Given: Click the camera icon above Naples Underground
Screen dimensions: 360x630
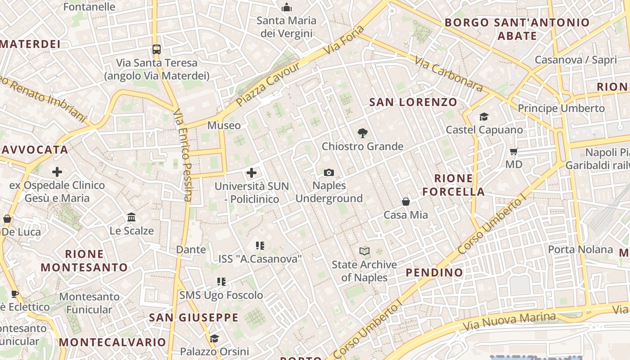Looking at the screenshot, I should pos(329,173).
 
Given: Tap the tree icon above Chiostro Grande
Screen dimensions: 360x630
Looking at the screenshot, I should pos(362,133).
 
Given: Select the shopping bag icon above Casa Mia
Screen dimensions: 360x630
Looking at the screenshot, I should pos(406,202).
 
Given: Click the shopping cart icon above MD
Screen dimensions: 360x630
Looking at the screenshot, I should pos(514,152).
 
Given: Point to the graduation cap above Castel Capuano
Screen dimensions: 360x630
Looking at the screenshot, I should pos(484,117).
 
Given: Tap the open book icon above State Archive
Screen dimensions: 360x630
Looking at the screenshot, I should pos(364,251).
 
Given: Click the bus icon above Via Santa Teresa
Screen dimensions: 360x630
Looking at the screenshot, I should pos(157,49).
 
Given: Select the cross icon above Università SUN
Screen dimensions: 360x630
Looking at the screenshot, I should pos(252,173).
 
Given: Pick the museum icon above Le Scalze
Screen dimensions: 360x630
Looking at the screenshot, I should pos(131,217).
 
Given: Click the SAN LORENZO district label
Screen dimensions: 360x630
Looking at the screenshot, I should pos(413,102).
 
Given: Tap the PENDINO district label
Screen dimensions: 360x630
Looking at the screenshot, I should pos(434,272).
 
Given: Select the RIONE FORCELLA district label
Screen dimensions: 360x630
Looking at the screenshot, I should pos(454,185).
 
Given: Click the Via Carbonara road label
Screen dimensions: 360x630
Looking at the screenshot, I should pos(449,74).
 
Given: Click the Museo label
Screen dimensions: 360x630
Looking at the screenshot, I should pos(224,125).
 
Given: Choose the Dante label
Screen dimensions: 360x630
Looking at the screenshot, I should pos(191,249).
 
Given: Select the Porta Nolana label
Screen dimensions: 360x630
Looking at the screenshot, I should pos(580,249).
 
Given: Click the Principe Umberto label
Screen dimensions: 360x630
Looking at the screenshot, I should pos(561,108).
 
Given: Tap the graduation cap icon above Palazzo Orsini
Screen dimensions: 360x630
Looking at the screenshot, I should pos(215,338).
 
